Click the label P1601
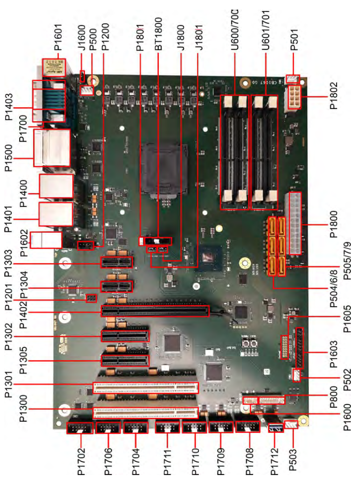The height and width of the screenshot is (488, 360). [x=58, y=37]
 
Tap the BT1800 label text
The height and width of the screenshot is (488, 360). [x=158, y=34]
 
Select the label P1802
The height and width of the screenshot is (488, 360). [x=334, y=95]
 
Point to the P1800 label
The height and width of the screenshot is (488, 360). [x=334, y=224]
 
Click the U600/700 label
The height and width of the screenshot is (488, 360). [x=235, y=30]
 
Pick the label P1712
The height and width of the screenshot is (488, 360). [x=274, y=462]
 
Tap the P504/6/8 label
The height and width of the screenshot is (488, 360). [x=334, y=288]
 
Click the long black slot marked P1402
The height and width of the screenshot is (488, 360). [x=155, y=311]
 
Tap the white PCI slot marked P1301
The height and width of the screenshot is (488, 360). [x=145, y=388]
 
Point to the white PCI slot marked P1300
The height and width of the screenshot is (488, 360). [x=145, y=413]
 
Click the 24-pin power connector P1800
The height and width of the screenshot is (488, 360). [x=295, y=224]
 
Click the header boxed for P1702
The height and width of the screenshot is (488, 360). [x=80, y=428]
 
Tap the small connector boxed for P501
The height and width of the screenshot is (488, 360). [x=292, y=79]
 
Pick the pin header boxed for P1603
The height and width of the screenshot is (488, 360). [x=299, y=347]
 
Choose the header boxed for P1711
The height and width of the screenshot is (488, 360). [x=168, y=428]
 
